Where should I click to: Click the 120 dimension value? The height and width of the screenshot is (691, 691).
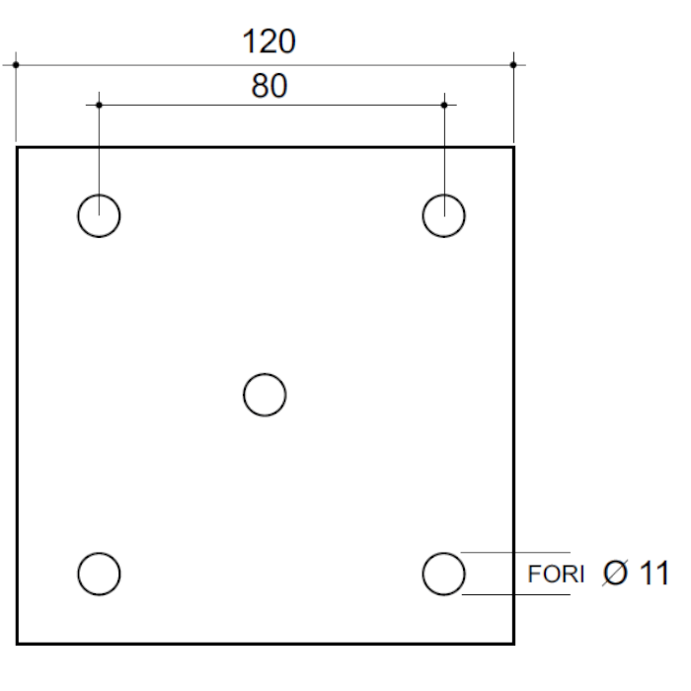tap(269, 41)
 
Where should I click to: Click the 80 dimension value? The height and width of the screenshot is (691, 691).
tap(269, 86)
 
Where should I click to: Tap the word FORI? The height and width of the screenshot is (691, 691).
tap(556, 575)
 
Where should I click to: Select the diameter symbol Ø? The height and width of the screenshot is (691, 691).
tap(615, 573)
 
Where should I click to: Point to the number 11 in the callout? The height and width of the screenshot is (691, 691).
tap(653, 573)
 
